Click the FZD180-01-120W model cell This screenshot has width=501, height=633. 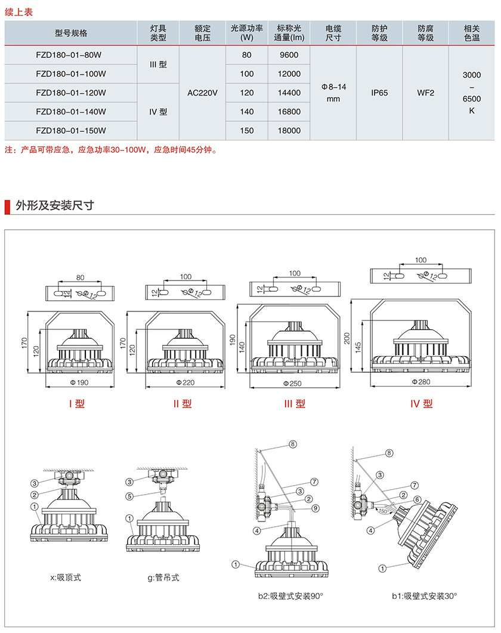[71, 92]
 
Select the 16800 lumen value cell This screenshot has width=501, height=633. [289, 112]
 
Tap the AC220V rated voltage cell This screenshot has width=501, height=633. [203, 92]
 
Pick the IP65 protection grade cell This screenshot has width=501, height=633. [379, 92]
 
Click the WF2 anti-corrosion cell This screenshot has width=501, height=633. [426, 92]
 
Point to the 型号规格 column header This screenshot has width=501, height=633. [71, 33]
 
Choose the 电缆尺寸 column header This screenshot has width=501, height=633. [333, 33]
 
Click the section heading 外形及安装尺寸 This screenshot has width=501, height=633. [55, 206]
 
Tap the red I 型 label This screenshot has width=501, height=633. [77, 404]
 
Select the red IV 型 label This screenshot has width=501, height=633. [421, 404]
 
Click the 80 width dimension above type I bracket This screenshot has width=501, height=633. [80, 277]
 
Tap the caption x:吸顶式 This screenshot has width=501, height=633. [66, 578]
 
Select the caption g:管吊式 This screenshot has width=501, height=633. [163, 578]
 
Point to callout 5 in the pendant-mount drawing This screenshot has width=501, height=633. [129, 495]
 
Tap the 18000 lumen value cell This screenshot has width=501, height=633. [289, 131]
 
